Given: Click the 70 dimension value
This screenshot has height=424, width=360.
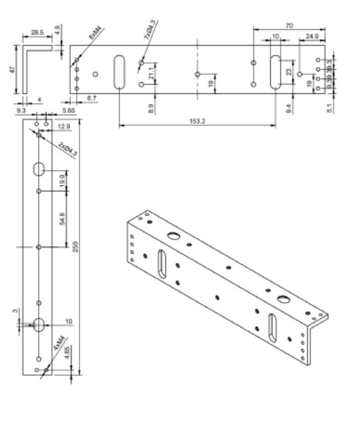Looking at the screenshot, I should click(x=289, y=25).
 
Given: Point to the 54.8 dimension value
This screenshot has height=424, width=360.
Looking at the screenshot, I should click(x=62, y=219).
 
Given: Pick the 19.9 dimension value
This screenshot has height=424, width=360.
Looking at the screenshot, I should click(x=62, y=180).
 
